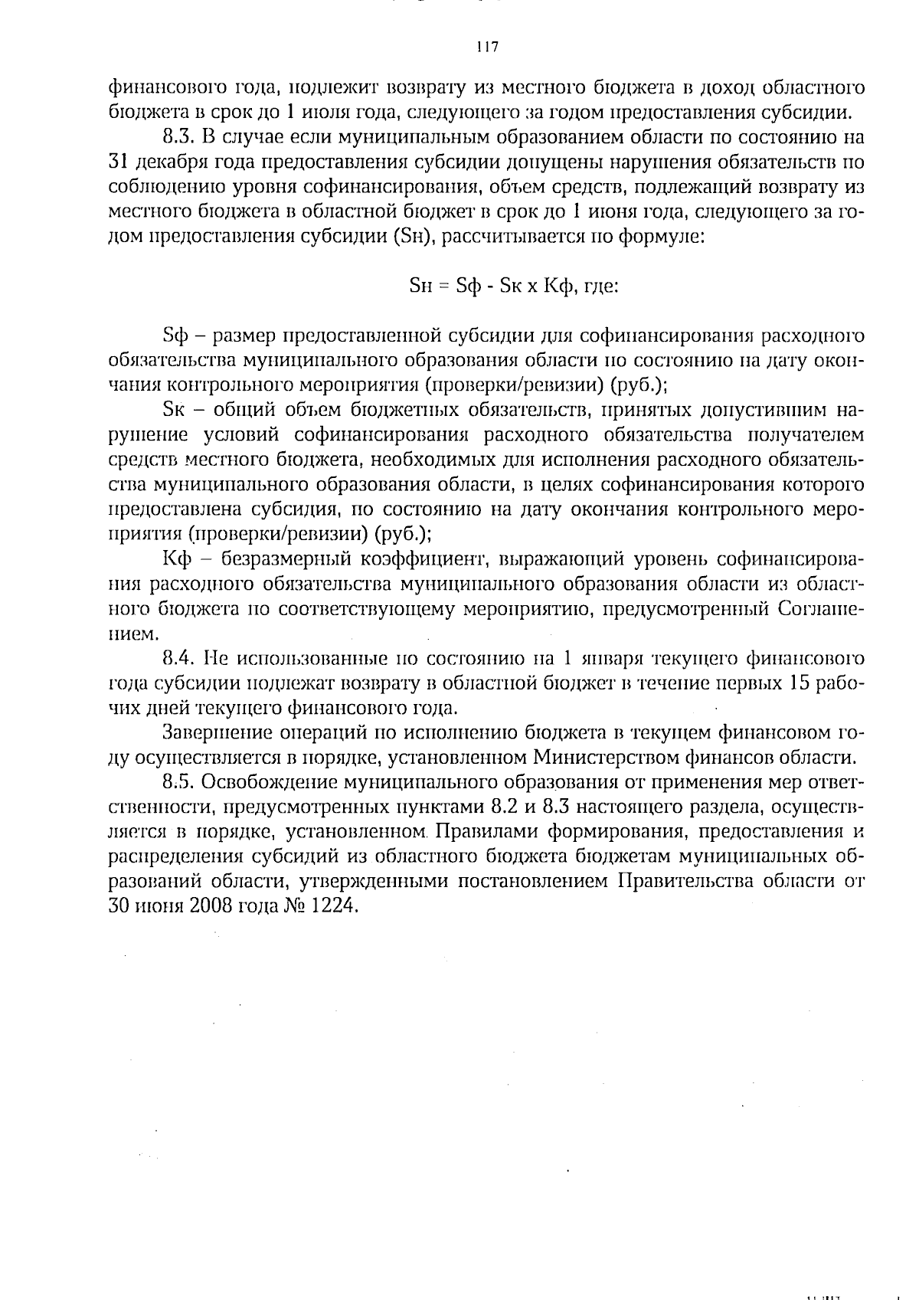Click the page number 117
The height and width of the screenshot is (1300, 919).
tap(487, 47)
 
